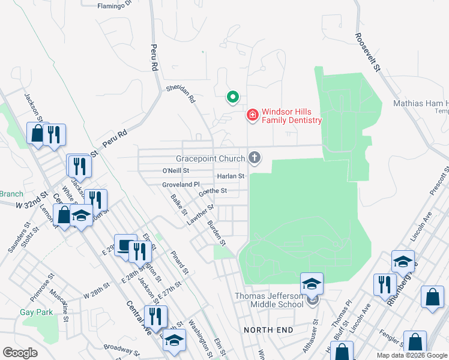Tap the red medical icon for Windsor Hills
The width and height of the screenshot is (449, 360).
(253, 115)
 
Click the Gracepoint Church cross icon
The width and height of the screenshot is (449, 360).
(255, 158)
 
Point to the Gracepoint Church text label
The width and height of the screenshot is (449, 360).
(210, 159)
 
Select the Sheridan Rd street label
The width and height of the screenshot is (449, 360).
(181, 93)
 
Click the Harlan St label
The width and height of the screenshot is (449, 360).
(231, 176)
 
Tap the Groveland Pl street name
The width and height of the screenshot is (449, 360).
(180, 185)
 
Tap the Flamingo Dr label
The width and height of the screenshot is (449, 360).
(114, 6)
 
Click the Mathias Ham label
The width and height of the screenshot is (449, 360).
(420, 103)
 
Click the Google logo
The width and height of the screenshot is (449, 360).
(20, 353)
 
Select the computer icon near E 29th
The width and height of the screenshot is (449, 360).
(125, 245)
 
